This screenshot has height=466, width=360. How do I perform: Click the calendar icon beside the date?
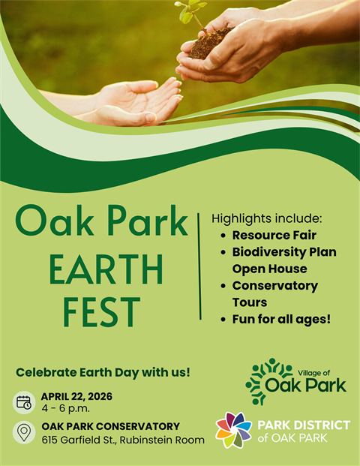pyautogui.click(x=25, y=401)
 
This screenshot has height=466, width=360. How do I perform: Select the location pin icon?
pyautogui.click(x=25, y=433)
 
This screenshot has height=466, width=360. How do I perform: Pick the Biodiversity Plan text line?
pyautogui.click(x=283, y=252)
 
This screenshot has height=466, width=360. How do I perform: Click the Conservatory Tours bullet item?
pyautogui.click(x=274, y=294)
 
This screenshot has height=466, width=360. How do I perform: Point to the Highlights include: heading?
pyautogui.click(x=266, y=218)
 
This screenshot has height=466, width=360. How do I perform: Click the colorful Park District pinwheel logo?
pyautogui.click(x=233, y=430)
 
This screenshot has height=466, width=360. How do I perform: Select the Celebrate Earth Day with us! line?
pyautogui.click(x=103, y=371)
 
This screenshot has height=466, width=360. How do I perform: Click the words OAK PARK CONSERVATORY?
pyautogui.click(x=110, y=426)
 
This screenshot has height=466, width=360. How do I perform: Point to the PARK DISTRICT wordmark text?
pyautogui.click(x=303, y=425)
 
